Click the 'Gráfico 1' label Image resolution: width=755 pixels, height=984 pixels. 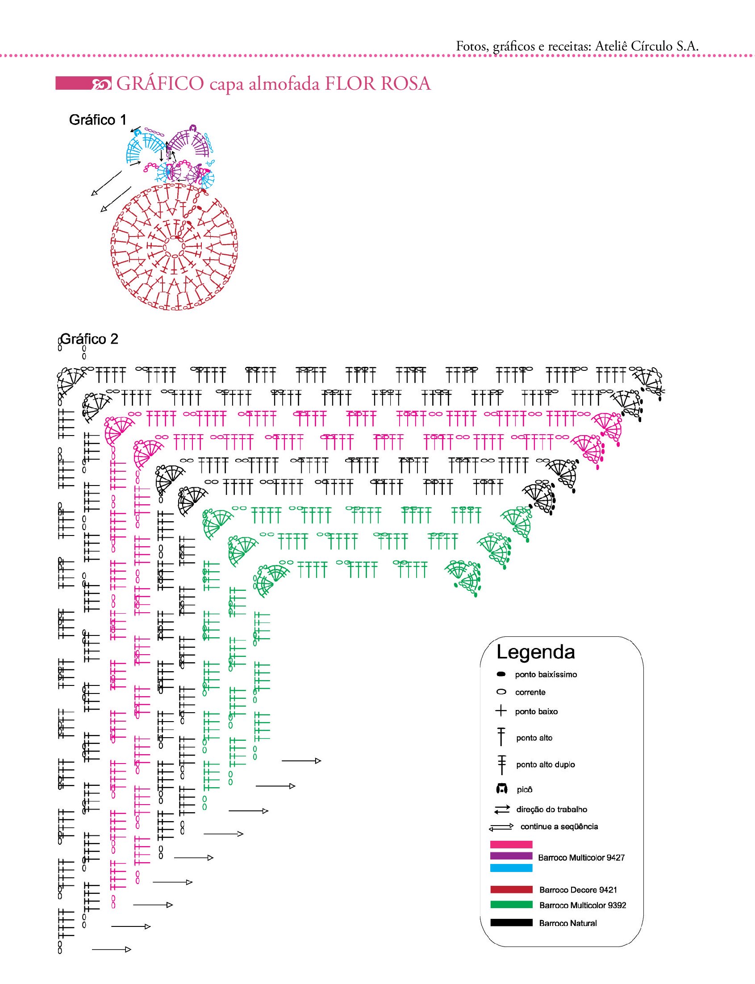click(97, 120)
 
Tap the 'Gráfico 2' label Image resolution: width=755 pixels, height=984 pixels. click(89, 339)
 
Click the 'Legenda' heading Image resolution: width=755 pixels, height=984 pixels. click(535, 652)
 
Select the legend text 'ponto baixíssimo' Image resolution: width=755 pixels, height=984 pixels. click(546, 675)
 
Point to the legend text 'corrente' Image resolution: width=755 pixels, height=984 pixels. click(530, 693)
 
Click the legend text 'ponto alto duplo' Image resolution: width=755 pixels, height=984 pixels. click(545, 764)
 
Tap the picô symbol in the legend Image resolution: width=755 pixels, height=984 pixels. click(501, 789)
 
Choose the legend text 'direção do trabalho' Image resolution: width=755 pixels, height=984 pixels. click(551, 810)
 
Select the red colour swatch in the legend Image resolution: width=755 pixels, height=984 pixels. click(511, 890)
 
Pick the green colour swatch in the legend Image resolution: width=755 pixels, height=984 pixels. click(511, 905)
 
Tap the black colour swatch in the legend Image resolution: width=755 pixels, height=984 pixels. click(511, 923)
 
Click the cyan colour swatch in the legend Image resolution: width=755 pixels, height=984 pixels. click(511, 868)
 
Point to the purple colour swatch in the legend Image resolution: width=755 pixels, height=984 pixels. click(511, 856)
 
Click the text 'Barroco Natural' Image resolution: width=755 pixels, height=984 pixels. click(567, 923)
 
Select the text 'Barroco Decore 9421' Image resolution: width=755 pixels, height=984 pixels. click(578, 890)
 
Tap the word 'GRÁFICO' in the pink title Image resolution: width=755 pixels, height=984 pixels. click(159, 84)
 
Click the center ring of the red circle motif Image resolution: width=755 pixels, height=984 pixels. click(174, 247)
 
